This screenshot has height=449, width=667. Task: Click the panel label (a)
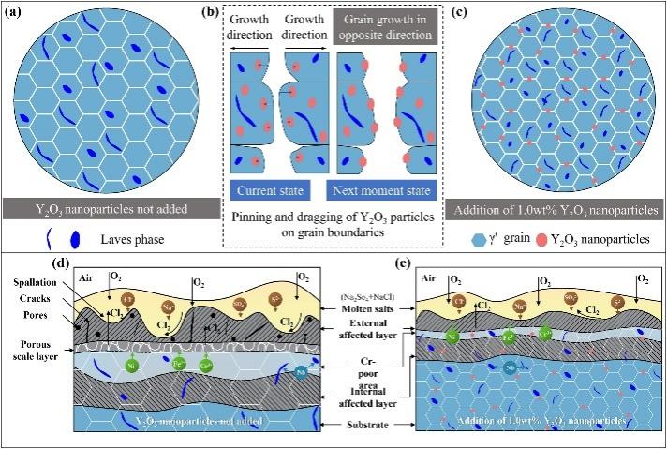pos(14,12)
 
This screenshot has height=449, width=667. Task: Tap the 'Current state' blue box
pos(270,191)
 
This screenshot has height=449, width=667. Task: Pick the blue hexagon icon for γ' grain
pos(480,239)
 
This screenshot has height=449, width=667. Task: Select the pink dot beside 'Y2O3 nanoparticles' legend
pos(543,239)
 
